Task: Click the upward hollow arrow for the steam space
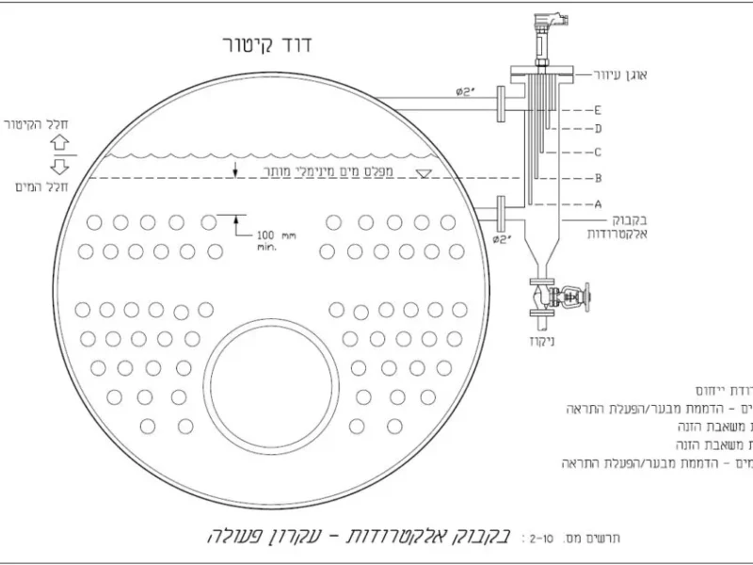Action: [x=60, y=141]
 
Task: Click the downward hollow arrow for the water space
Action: [x=60, y=167]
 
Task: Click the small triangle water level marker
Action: [x=425, y=172]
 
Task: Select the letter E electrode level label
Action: [x=598, y=110]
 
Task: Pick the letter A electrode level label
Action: [x=598, y=203]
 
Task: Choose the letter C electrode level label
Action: [x=598, y=152]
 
